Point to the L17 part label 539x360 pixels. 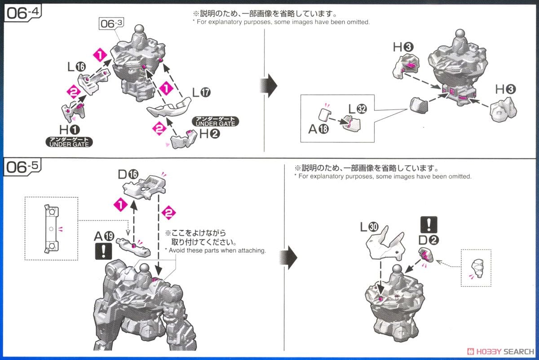coord(201,93)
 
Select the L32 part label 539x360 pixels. coord(358,109)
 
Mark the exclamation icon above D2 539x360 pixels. coord(429,224)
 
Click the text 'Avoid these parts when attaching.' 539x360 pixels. coord(215,250)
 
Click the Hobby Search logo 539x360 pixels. coord(500,351)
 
